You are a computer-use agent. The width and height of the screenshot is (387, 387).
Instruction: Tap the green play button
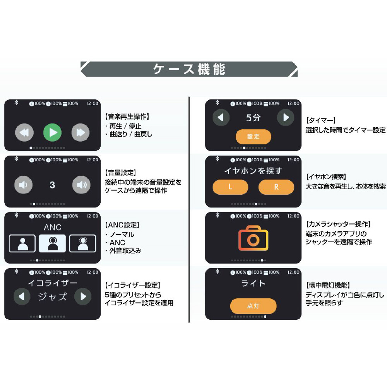[52, 132]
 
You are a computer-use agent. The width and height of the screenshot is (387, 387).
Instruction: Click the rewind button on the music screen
[24, 132]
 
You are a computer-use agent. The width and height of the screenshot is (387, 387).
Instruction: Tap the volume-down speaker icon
[24, 185]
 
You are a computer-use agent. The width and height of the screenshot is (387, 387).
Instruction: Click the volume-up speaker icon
[81, 185]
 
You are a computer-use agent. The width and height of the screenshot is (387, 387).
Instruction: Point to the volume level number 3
[52, 185]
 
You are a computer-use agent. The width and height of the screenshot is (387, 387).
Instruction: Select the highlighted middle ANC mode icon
[52, 243]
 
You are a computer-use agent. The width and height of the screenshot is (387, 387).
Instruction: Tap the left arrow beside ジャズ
[22, 296]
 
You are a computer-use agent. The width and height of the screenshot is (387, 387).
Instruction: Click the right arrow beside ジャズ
[83, 296]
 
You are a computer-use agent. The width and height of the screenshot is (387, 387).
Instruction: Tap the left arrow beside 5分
[221, 117]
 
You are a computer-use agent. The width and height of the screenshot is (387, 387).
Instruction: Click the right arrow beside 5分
[286, 117]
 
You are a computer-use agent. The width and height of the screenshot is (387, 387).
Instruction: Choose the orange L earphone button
[230, 187]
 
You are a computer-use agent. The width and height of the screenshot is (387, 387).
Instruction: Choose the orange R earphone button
[276, 187]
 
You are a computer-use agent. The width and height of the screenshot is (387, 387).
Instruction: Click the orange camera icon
[253, 238]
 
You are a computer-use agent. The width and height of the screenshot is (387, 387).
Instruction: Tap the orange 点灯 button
[253, 306]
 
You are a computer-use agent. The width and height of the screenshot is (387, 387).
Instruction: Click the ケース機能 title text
[189, 69]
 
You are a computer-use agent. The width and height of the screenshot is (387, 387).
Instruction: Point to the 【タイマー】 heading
[321, 120]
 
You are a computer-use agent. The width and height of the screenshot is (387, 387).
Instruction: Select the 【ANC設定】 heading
[122, 225]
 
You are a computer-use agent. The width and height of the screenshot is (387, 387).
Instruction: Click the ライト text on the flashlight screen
[253, 283]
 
